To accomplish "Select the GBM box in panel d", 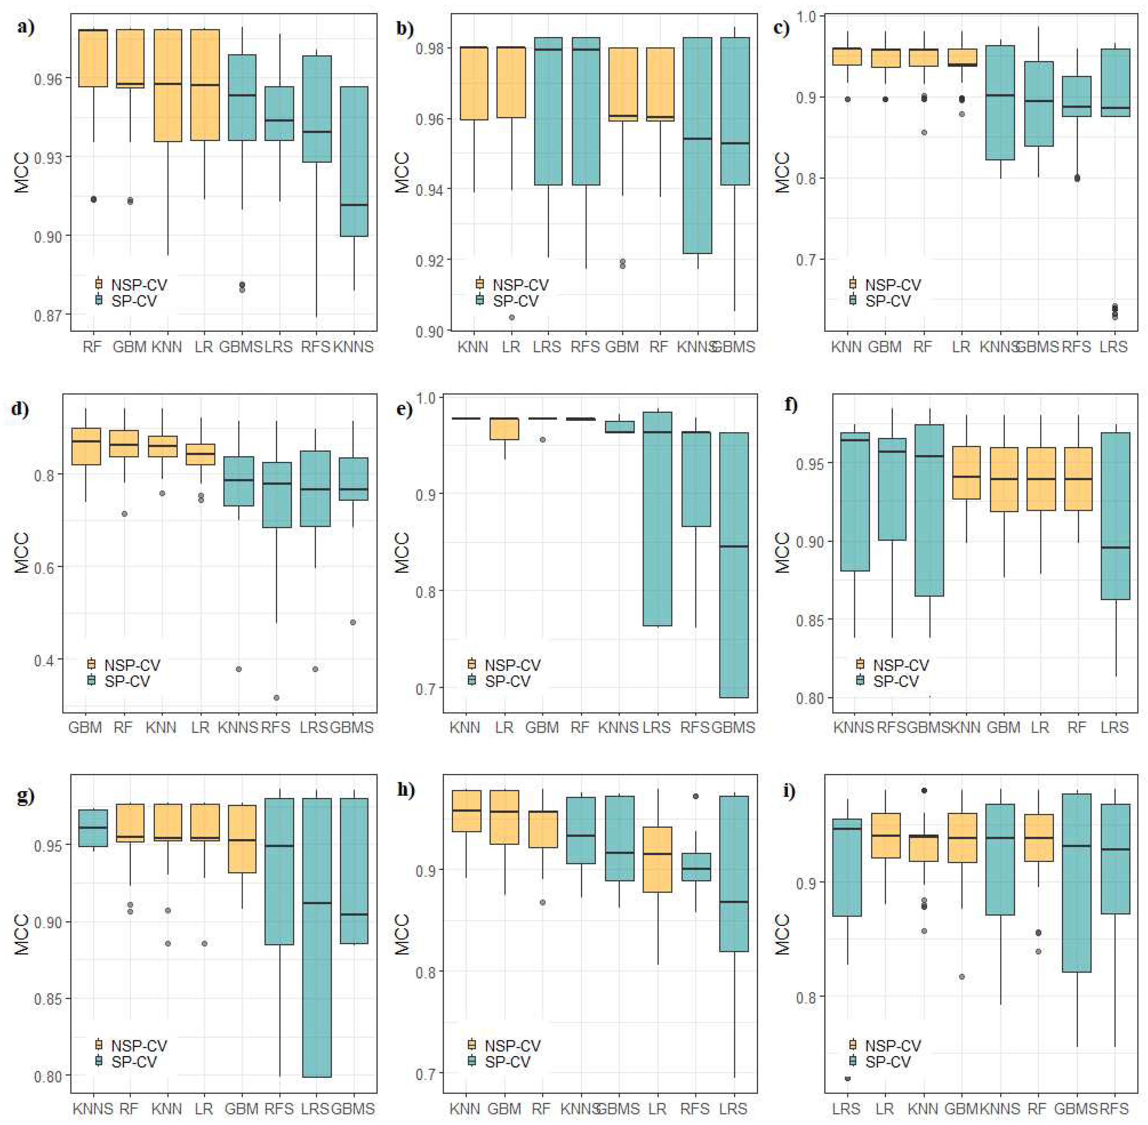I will [86, 446].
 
